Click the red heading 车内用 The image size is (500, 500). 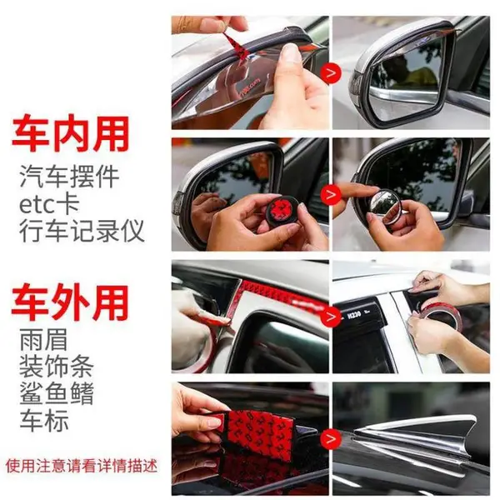pos(71,134)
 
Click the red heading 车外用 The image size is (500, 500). pos(70,303)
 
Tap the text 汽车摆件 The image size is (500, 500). pos(69,177)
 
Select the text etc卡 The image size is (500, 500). pos(49,204)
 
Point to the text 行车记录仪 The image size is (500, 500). pos(82,231)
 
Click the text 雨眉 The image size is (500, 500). pos(43,340)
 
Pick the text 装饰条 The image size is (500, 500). pos(57,367)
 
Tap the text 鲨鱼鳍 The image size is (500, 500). pos(57,393)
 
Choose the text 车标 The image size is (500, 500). pos(44,421)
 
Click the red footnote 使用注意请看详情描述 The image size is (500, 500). pos(82,466)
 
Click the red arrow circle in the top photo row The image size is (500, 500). pos(332,73)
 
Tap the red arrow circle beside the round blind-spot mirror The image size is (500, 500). pos(332,194)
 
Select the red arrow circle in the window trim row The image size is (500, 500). pos(332,317)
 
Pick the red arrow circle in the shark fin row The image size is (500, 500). pos(332,438)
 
